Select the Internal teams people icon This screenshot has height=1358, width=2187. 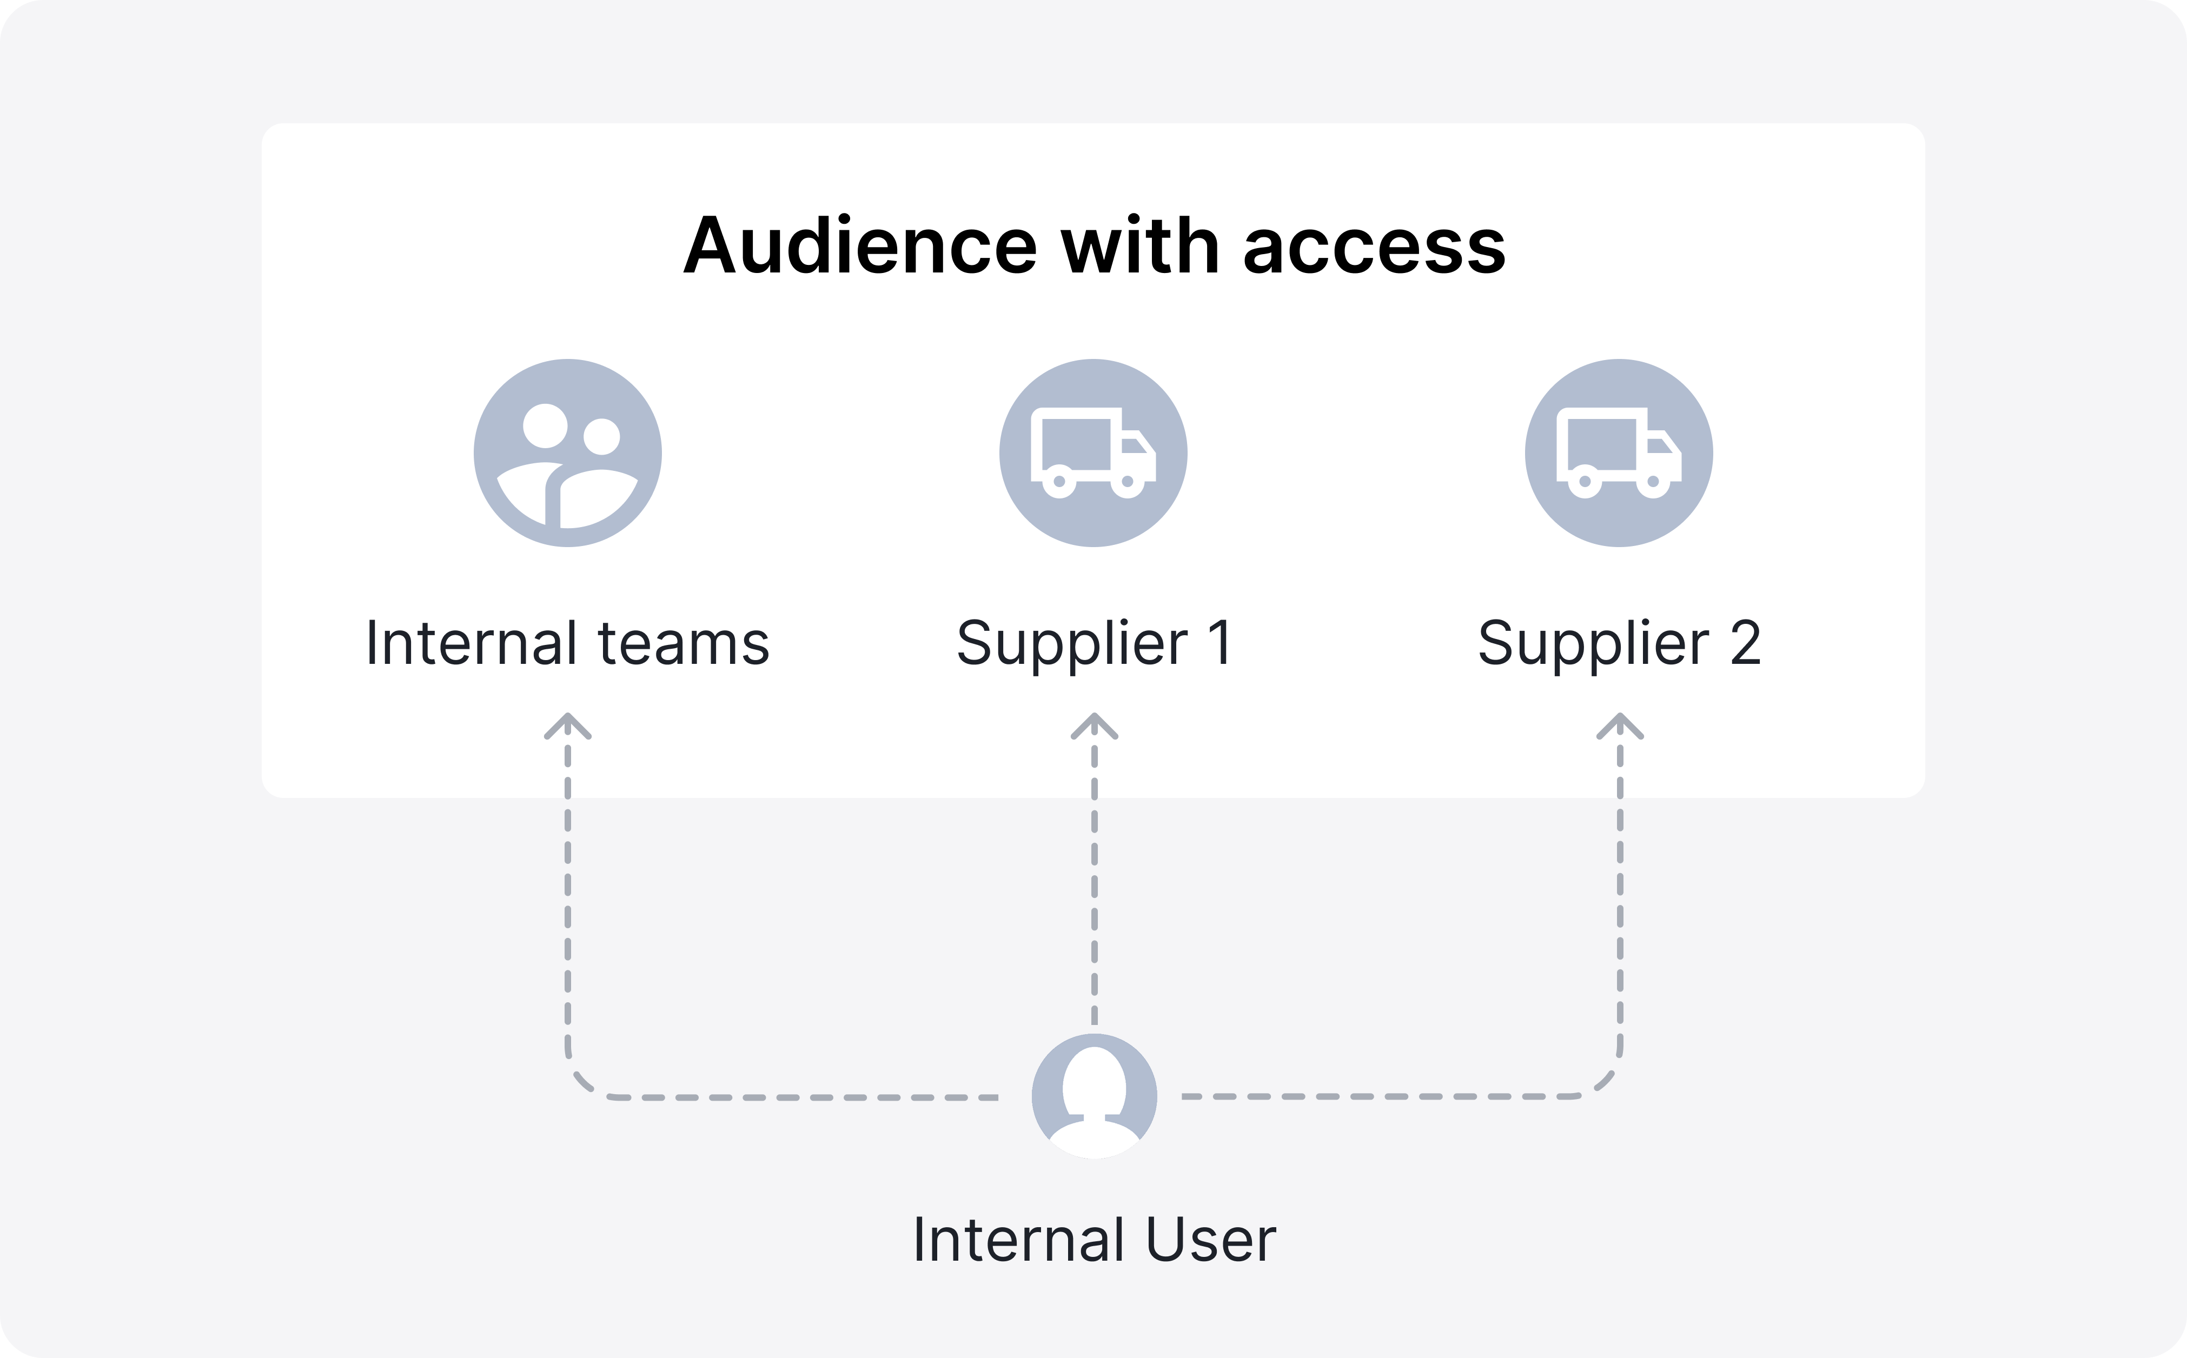(568, 452)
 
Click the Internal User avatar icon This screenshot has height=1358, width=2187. (1093, 1096)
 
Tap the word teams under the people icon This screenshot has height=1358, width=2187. (683, 643)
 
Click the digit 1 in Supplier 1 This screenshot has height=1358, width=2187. (1220, 643)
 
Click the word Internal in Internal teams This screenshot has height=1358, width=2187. (472, 643)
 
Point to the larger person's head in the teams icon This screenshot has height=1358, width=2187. (546, 425)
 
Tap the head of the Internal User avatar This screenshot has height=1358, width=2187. (1093, 1082)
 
